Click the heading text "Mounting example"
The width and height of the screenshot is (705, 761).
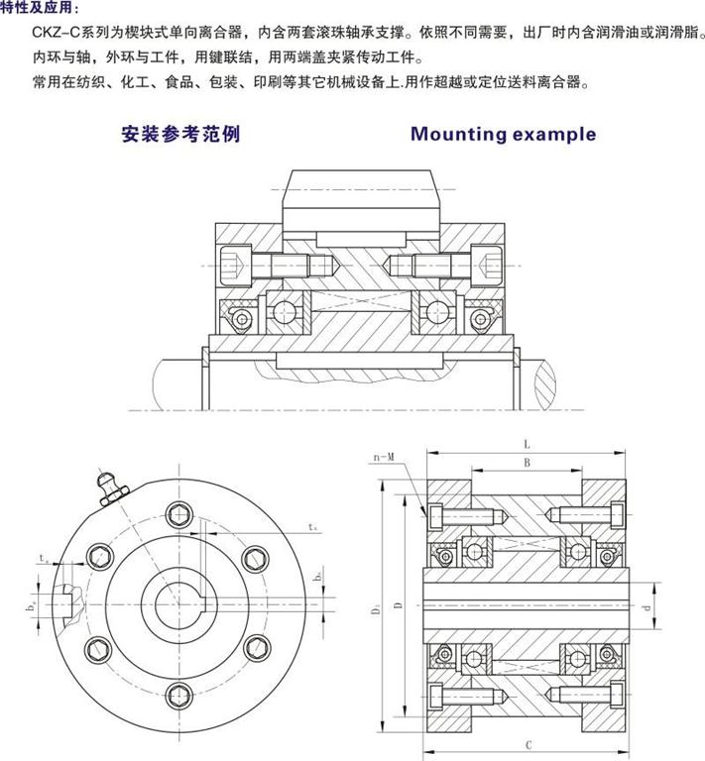point(503,134)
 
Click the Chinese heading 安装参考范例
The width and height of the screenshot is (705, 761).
point(179,134)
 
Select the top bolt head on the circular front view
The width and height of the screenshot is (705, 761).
point(178,515)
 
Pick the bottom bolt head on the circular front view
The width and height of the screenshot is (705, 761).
point(178,694)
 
